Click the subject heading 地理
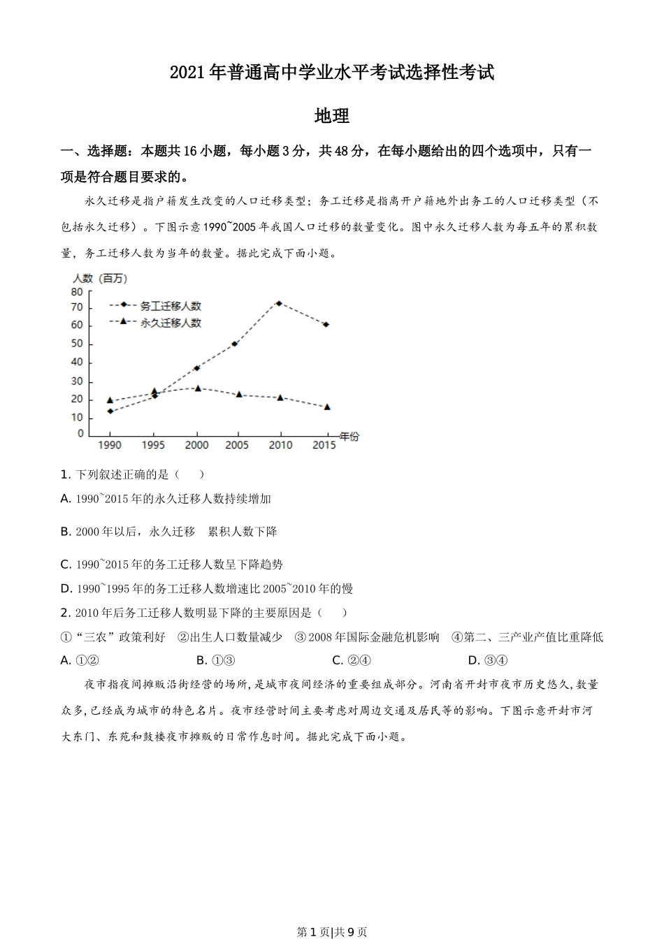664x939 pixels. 332,117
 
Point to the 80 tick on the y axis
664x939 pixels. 76,292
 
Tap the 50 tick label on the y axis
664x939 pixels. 76,344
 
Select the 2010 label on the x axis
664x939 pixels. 280,445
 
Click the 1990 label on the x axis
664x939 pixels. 110,445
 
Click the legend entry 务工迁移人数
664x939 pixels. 171,306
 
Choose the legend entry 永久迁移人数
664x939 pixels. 171,323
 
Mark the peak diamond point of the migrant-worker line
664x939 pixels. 278,303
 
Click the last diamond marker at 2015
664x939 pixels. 326,324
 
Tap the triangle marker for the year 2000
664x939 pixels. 198,388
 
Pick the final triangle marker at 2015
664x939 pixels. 326,407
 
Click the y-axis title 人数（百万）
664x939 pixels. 100,278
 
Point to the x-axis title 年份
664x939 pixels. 349,437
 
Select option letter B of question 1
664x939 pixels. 66,532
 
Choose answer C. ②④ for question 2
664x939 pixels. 352,660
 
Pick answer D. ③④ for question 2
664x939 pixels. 487,660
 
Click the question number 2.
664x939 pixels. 65,613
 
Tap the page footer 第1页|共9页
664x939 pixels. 332,931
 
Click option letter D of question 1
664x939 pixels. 66,588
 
